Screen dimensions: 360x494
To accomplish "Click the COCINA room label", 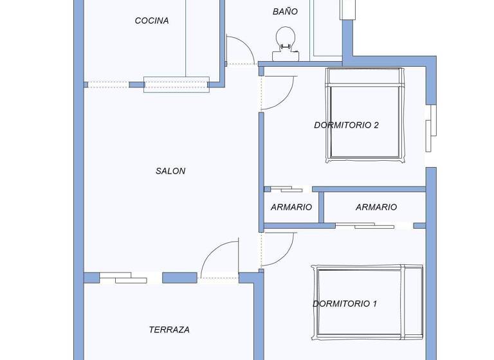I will point(152,21).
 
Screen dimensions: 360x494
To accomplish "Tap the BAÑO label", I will point(285,12).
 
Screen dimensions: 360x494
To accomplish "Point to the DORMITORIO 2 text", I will point(346,125).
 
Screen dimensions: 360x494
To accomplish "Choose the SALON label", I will point(170,171).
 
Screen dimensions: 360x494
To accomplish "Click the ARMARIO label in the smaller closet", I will point(291,207).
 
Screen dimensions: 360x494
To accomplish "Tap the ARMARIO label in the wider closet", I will point(376,207).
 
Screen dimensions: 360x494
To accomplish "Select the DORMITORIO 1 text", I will point(345,303).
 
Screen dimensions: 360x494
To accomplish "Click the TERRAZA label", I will point(169,330).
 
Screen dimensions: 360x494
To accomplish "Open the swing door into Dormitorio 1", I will point(278,249).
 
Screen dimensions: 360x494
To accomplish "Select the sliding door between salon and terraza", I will point(123,278).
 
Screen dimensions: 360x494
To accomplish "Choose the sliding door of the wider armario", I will point(365,226).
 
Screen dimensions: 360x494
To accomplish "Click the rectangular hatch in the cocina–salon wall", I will point(176,84).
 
